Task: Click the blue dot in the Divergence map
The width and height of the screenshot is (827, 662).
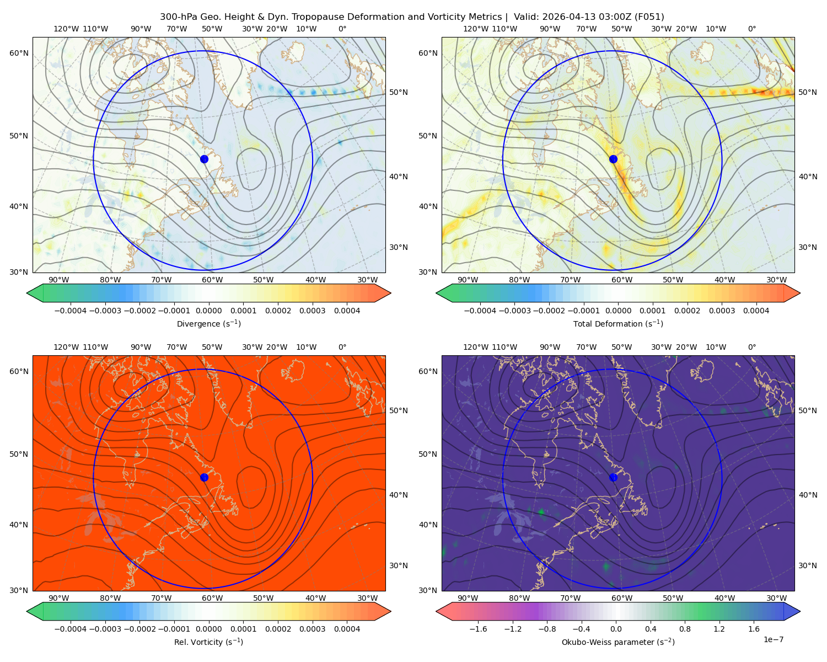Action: [x=204, y=159]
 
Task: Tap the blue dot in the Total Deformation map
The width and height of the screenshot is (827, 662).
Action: [x=613, y=159]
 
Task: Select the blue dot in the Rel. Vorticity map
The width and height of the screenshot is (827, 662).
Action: [x=204, y=477]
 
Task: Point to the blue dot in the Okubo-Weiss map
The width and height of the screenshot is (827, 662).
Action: [x=613, y=477]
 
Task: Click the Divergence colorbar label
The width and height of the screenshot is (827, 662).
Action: [x=208, y=323]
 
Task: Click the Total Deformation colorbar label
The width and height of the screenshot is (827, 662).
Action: [x=618, y=323]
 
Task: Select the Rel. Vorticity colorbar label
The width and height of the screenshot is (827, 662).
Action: [x=208, y=642]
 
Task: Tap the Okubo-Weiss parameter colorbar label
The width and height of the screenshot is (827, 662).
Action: [x=618, y=642]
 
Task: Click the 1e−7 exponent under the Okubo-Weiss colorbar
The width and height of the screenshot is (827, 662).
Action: [x=773, y=639]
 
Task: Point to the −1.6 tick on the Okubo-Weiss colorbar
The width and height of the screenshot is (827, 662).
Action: [x=478, y=628]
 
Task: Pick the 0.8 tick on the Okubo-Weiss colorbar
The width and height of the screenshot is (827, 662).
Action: [x=685, y=628]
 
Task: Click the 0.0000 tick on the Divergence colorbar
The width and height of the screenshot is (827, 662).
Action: [x=208, y=311]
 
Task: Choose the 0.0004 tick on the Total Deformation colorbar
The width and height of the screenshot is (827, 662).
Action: [x=756, y=311]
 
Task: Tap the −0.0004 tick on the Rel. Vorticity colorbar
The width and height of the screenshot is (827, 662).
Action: [x=71, y=628]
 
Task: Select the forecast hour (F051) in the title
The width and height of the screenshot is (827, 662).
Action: [x=649, y=17]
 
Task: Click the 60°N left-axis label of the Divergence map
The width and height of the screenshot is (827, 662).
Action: [x=19, y=53]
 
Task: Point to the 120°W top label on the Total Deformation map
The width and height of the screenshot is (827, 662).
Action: [x=475, y=29]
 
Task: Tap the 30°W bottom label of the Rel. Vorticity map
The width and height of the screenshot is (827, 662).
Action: [x=367, y=598]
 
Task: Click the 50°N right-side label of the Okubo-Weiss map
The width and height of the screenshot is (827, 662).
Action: [x=808, y=410]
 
